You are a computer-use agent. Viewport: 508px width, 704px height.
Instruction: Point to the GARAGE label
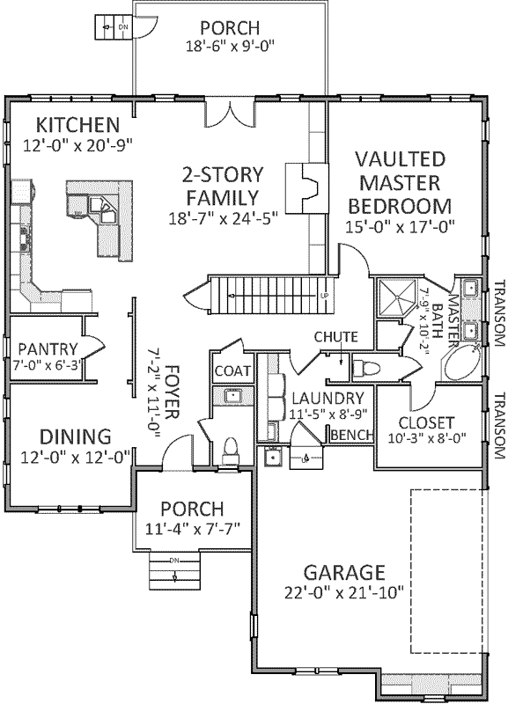343,571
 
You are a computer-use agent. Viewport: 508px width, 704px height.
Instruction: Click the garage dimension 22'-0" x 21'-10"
343,592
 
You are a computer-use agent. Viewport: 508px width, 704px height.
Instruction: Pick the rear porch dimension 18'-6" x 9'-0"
231,47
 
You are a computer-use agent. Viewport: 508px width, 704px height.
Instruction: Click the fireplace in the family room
305,187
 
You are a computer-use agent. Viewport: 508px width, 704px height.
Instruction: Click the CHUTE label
336,337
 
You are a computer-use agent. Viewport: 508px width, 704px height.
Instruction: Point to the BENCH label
349,435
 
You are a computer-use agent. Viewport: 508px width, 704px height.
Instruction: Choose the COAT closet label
232,370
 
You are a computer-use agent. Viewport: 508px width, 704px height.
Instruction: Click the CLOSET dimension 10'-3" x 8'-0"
427,437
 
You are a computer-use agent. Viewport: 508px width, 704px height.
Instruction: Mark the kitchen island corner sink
107,214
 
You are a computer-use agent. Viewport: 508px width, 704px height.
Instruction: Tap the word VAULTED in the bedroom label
401,160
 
